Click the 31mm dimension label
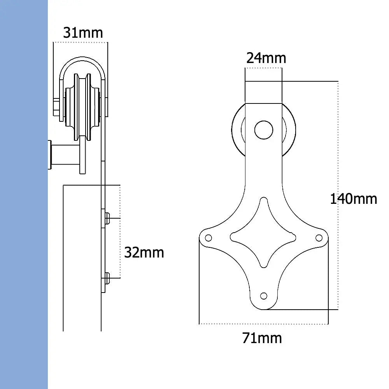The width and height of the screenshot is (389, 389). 83,33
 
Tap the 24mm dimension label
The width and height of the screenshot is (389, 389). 266,58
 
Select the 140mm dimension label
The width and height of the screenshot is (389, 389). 353,199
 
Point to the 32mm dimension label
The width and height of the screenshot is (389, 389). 144,252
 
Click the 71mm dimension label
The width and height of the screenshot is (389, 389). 262,338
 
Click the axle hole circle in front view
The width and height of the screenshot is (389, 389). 263,130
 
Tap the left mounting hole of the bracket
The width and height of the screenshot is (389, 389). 208,237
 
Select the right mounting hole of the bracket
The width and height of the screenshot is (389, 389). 319,237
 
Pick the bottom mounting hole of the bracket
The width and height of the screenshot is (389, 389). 264,296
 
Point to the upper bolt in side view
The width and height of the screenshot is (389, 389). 107,219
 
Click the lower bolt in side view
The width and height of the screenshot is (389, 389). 107,278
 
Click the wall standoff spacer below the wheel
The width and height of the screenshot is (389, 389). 64,155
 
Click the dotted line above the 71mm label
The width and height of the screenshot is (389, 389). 263,324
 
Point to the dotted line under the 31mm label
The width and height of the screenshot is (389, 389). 81,42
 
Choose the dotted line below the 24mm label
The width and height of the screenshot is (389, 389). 263,68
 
